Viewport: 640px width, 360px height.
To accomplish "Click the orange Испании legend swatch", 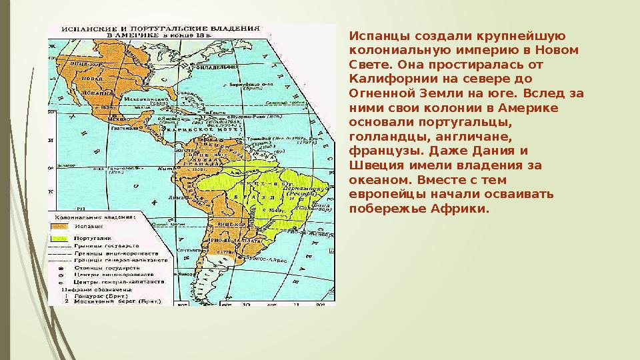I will tap(59, 227).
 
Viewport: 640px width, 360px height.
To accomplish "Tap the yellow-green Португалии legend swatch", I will tap(59, 238).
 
